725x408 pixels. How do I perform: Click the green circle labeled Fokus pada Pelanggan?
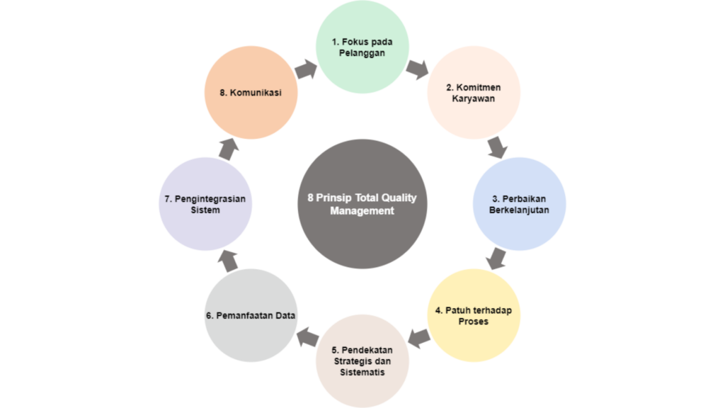click(362, 47)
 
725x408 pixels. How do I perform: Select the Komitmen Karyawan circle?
click(474, 93)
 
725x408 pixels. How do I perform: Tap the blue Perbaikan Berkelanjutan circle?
click(519, 204)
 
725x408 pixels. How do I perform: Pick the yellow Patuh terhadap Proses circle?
click(474, 315)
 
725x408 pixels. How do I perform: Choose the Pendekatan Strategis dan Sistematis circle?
click(362, 361)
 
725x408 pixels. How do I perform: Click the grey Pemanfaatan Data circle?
click(251, 315)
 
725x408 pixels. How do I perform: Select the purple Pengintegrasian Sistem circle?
click(205, 204)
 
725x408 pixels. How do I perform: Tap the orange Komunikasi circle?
click(251, 93)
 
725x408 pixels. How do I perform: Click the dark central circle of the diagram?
click(362, 204)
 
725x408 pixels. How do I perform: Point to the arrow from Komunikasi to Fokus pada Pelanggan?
click(307, 69)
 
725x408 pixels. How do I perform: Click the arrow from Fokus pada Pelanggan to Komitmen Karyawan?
click(418, 69)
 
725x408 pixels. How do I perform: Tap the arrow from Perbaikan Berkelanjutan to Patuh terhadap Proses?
click(497, 259)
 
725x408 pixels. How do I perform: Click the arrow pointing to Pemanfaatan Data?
click(307, 338)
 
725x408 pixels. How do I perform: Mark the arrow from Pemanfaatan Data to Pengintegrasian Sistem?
click(228, 260)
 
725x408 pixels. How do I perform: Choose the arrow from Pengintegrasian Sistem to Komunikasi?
click(228, 149)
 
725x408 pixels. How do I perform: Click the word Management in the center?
click(362, 211)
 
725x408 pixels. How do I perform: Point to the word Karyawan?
click(474, 99)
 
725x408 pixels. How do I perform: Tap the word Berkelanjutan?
click(519, 210)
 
